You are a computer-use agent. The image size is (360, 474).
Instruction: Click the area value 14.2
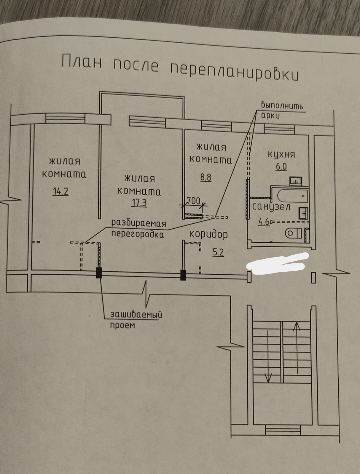[60, 191]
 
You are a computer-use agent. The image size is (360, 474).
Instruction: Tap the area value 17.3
[139, 203]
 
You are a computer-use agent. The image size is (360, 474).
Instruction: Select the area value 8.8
[206, 177]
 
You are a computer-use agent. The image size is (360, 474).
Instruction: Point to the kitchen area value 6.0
[281, 166]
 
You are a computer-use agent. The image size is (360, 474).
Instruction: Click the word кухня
[281, 155]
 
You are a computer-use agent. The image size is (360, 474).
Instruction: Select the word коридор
[208, 234]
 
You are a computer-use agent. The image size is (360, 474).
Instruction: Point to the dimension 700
[194, 201]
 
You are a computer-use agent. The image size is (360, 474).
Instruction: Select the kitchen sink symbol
[295, 180]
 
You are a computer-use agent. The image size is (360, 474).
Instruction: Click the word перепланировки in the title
[234, 71]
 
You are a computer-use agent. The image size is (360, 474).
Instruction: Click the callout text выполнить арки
[282, 110]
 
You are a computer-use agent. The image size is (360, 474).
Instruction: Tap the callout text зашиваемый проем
[136, 320]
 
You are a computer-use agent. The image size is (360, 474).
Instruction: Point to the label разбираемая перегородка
[138, 229]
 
